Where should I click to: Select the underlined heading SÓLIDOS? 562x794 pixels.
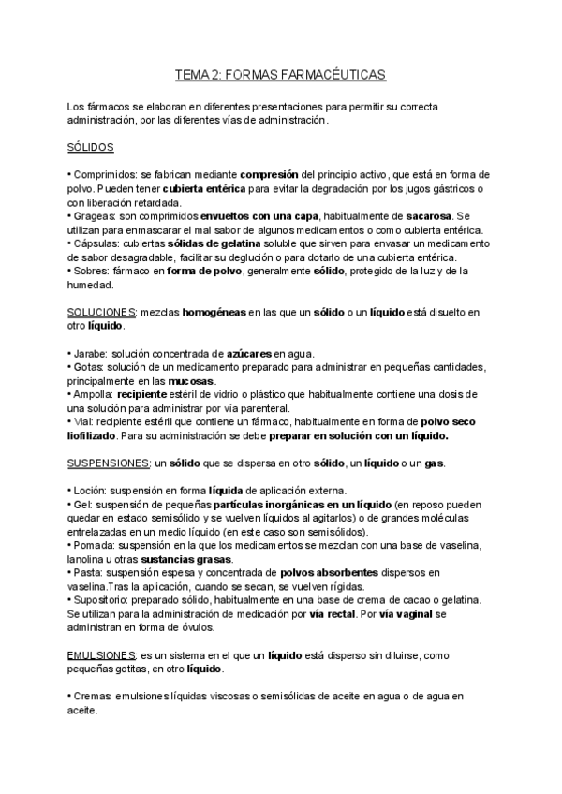91,148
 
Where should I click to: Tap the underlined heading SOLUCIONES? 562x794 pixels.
102,311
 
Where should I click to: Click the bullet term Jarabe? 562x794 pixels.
91,353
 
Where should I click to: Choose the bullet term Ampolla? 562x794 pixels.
96,394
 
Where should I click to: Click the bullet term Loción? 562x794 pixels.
91,491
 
